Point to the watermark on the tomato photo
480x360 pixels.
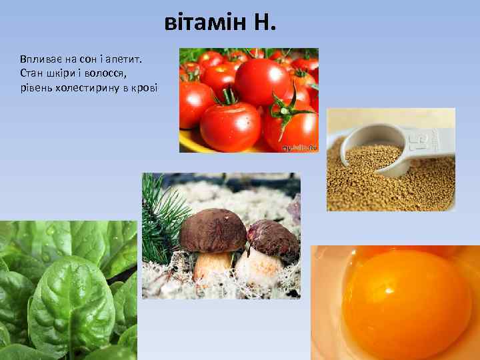coord(299,147)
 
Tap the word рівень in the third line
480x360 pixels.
coord(35,88)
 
